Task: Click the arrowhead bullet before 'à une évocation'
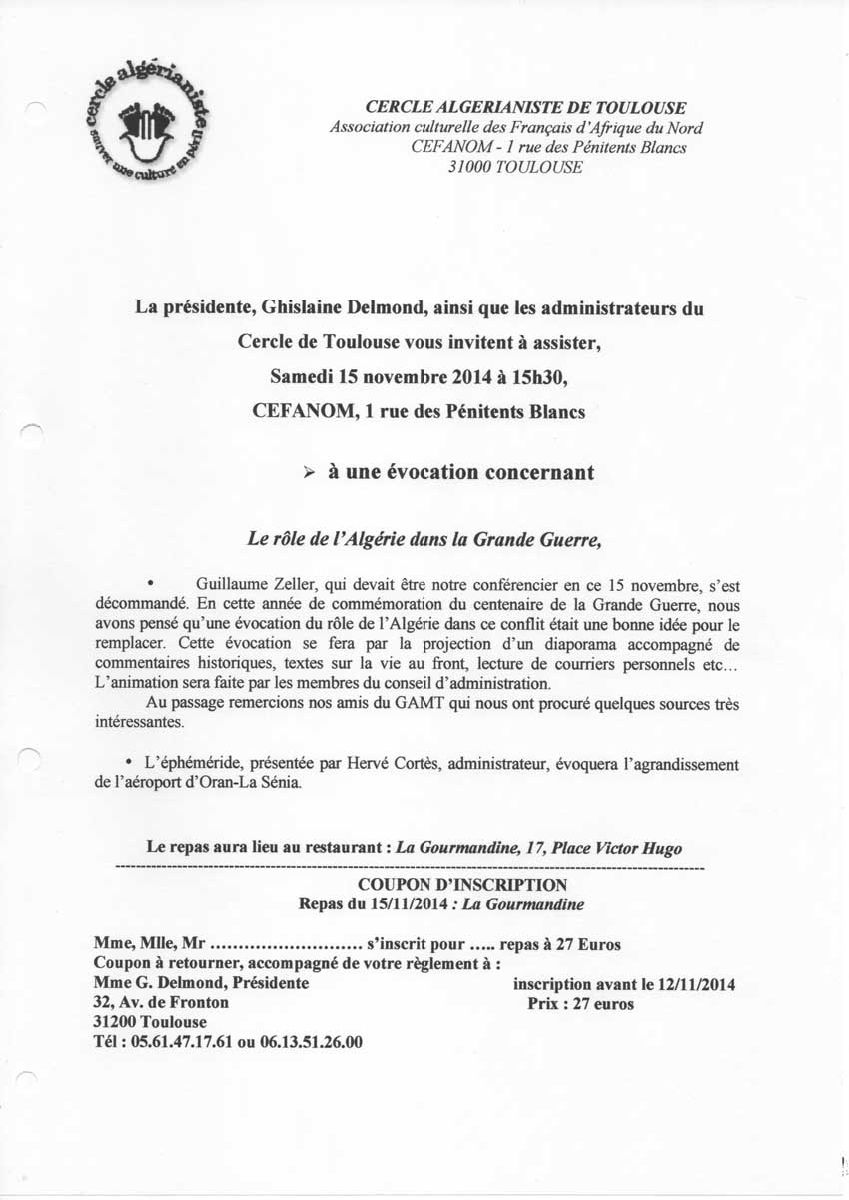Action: pos(309,473)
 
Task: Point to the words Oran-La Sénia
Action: pos(270,784)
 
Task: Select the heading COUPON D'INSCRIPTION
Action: pos(462,885)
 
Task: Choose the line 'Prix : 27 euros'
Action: pos(580,1004)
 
